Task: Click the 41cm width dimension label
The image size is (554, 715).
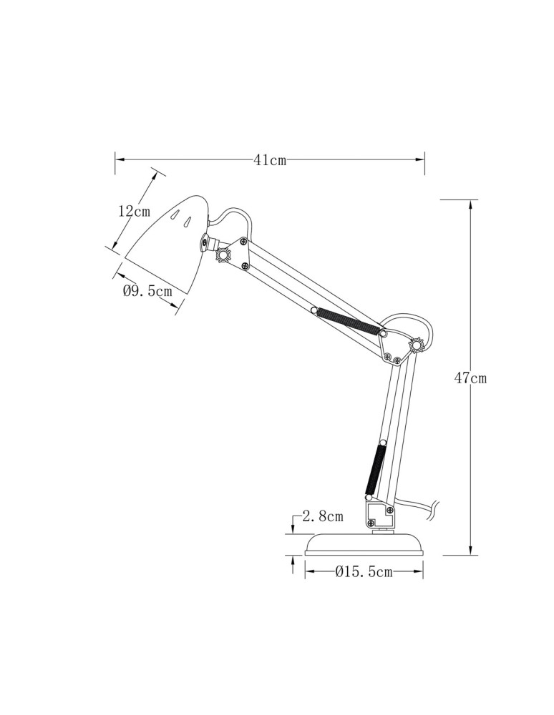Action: [x=270, y=160]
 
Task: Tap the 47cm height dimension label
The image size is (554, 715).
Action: [x=470, y=378]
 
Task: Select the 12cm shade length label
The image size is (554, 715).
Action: [x=134, y=211]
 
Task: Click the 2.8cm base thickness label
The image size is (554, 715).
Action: [x=323, y=516]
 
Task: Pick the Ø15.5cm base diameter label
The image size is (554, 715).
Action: [x=364, y=571]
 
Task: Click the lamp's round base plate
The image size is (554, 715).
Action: [x=364, y=544]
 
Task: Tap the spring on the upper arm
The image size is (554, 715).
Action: [x=348, y=320]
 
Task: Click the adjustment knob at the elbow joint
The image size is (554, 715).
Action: [x=417, y=346]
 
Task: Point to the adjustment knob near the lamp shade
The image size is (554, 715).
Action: [x=223, y=255]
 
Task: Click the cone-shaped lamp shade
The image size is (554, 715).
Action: [x=166, y=244]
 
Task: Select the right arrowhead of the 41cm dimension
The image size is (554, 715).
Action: [x=420, y=160]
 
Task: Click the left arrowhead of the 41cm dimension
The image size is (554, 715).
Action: [x=120, y=160]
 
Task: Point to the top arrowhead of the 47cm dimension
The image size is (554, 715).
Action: [x=470, y=206]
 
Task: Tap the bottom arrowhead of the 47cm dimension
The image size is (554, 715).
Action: [x=470, y=549]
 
